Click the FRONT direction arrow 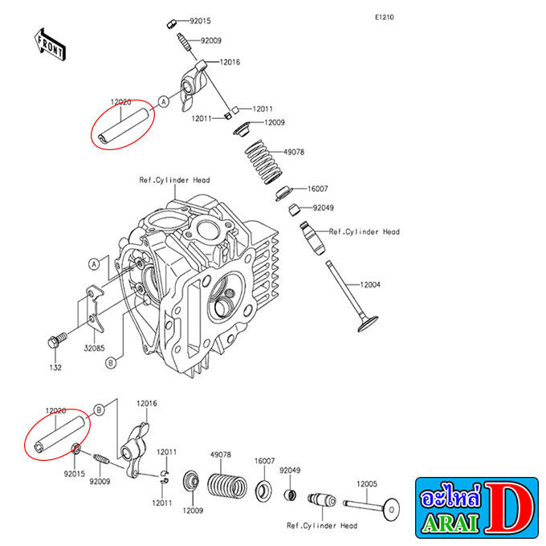point(50,45)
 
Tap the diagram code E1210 point(384,17)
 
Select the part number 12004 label point(370,285)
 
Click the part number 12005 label point(367,483)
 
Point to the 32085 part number point(94,348)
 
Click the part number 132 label point(55,368)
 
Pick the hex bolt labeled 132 point(57,340)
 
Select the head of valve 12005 point(391,510)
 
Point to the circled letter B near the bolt point(111,363)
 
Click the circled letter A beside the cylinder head point(94,264)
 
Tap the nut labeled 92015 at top point(171,24)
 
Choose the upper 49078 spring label point(294,153)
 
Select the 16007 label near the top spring point(318,189)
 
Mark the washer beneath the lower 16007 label point(263,491)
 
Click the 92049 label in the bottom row point(290,471)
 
